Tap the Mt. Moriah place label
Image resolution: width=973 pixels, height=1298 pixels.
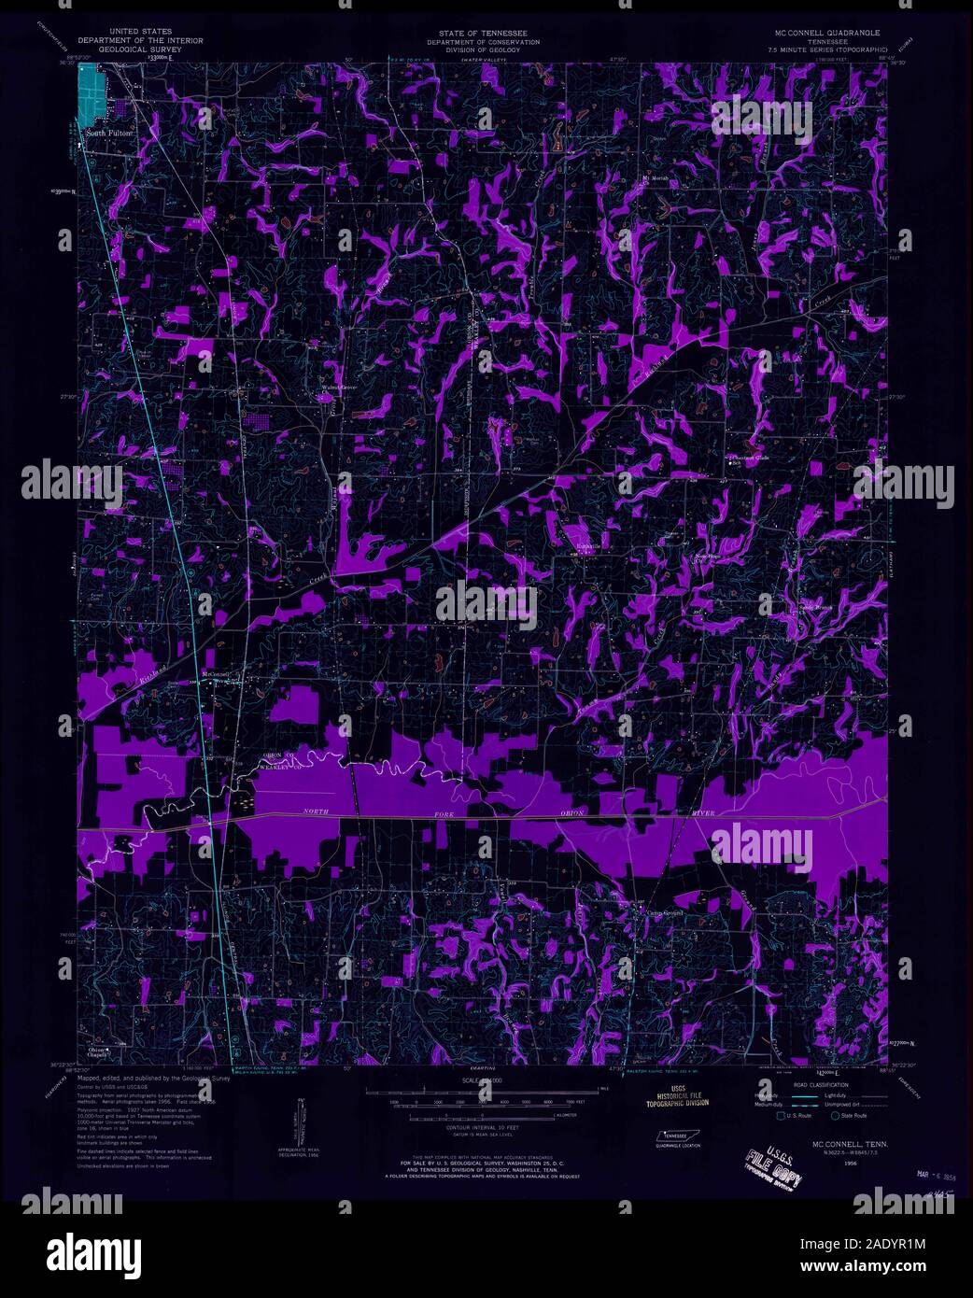tap(656, 176)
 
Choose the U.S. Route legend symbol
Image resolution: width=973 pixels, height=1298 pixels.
tap(781, 1115)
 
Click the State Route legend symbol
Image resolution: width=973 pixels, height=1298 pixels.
tap(835, 1115)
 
